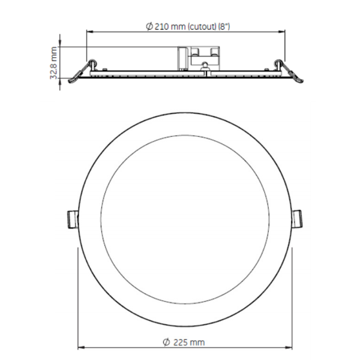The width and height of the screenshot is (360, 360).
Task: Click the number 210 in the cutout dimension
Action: (161, 27)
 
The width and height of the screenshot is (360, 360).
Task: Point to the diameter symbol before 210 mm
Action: (149, 27)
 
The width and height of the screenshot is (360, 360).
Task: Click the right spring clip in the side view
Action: (289, 71)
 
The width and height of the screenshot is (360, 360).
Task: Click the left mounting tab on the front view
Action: (70, 218)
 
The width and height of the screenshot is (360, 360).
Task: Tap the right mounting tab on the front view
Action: (297, 218)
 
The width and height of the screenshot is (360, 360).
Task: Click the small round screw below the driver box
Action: (206, 67)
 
